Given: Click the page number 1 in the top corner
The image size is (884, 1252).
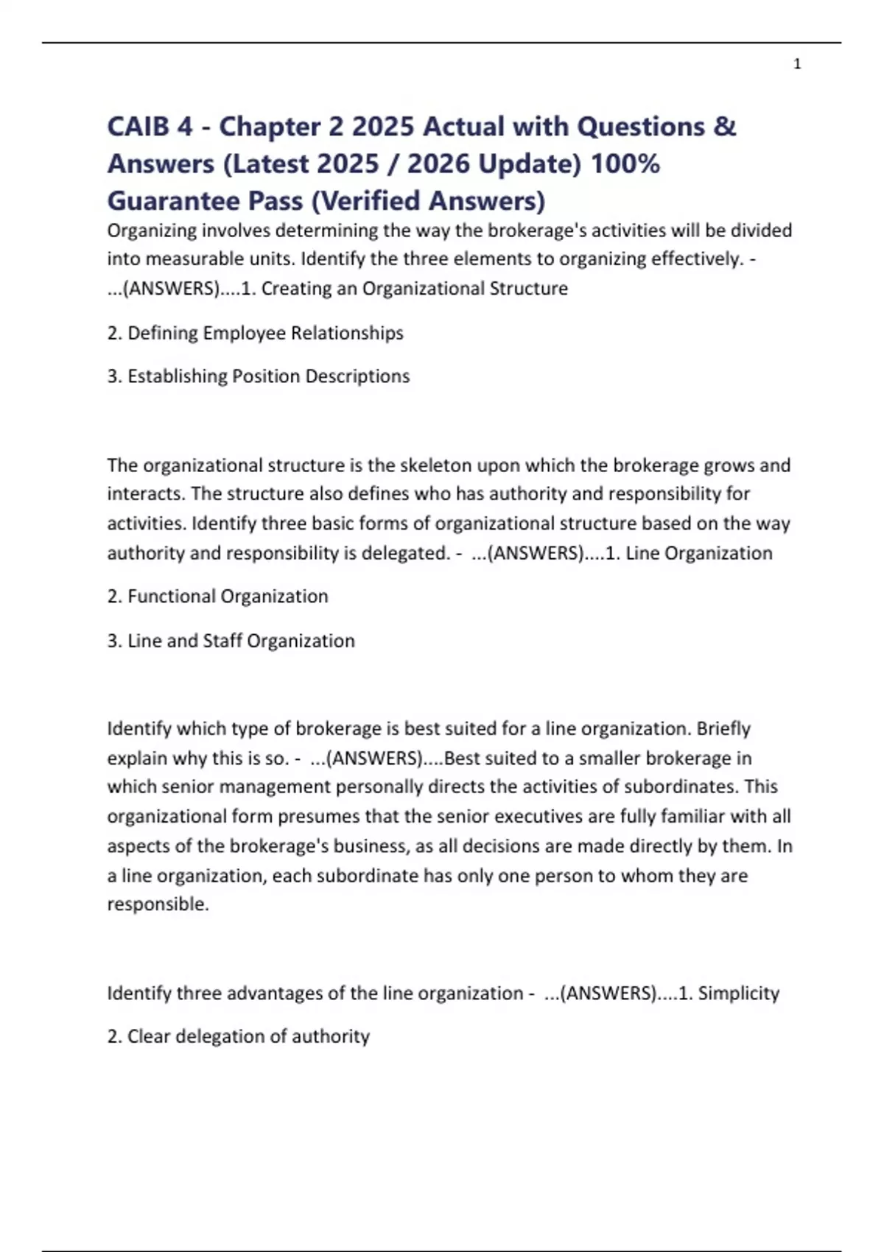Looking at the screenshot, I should pyautogui.click(x=797, y=64).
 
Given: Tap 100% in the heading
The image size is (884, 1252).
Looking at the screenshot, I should pyautogui.click(x=625, y=163).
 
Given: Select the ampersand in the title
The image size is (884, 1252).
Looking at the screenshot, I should pyautogui.click(x=725, y=127).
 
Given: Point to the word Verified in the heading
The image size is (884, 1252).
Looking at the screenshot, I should pyautogui.click(x=376, y=200).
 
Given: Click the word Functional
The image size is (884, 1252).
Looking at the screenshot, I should pyautogui.click(x=171, y=597).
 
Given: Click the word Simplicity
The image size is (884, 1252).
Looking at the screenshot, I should pyautogui.click(x=738, y=993).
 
